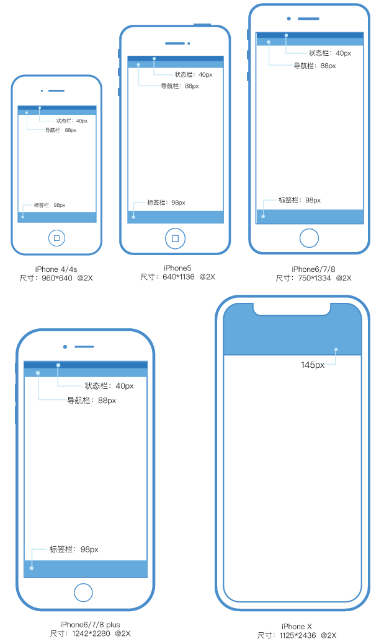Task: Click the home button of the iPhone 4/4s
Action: point(57,238)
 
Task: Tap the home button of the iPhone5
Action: point(176,238)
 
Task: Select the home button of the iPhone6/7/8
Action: point(309,238)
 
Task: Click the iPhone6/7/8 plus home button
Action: point(84,592)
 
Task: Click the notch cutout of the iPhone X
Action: point(292,309)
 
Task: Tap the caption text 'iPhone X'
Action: point(297,626)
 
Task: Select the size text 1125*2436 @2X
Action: point(297,635)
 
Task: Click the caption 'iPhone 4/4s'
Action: point(56,269)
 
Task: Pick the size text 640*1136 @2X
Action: point(177,277)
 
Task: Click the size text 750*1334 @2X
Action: point(313,278)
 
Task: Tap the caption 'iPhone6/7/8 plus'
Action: point(90,625)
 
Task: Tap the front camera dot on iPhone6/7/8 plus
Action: point(65,347)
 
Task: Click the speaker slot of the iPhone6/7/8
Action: point(308,19)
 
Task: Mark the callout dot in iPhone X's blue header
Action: point(336,349)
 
